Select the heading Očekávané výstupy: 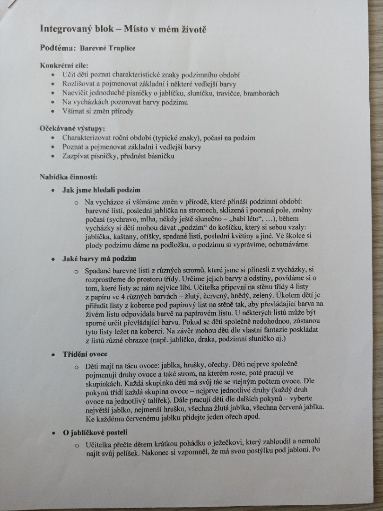click(x=72, y=129)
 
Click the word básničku click(x=157, y=156)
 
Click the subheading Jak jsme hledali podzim click(x=101, y=190)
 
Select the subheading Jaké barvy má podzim click(x=99, y=258)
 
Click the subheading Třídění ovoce click(x=85, y=354)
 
